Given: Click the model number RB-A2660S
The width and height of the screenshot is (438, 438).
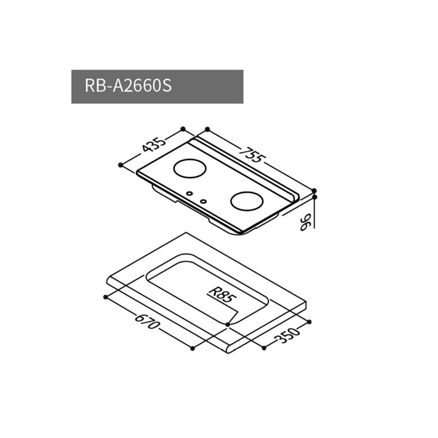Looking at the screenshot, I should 127,86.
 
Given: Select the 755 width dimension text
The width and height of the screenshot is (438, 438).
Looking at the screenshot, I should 253,153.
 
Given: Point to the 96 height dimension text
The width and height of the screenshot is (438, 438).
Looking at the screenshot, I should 306,221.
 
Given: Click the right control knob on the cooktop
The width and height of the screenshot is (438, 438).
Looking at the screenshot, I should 203,201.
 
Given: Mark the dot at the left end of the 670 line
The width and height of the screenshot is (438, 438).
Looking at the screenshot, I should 105,297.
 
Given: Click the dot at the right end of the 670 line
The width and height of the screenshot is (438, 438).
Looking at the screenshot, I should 193,348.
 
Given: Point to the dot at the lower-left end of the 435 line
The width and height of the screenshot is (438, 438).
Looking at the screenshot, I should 120,165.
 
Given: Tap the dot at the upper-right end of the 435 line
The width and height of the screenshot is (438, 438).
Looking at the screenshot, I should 183,129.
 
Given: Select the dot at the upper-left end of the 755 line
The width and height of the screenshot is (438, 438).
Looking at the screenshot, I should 206,129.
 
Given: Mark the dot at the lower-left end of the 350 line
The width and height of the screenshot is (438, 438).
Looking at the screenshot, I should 264,348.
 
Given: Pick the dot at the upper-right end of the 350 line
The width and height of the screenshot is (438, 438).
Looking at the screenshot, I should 310,322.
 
